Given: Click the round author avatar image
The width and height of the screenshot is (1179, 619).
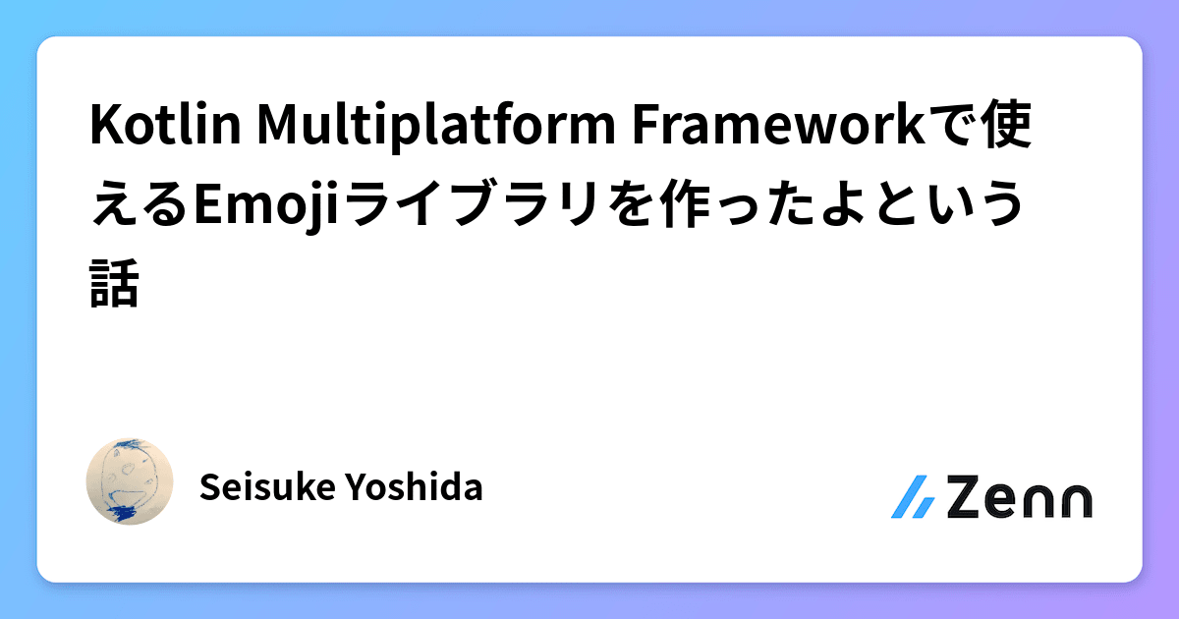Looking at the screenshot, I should point(131,481).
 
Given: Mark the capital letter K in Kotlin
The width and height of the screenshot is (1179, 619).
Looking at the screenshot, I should point(102,132).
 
